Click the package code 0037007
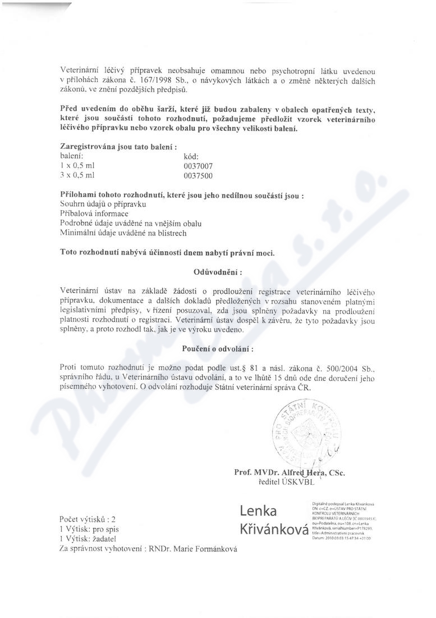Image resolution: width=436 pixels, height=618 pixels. tap(199, 166)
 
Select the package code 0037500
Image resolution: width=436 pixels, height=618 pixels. tap(199, 175)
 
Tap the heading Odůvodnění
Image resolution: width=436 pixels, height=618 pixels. tap(217, 272)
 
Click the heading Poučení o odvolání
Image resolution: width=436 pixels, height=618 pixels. tap(217, 349)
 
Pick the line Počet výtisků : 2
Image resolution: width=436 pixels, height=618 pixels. tap(87, 519)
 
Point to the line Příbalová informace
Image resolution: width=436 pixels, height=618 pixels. tap(94, 214)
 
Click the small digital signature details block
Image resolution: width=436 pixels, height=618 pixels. tap(346, 520)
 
